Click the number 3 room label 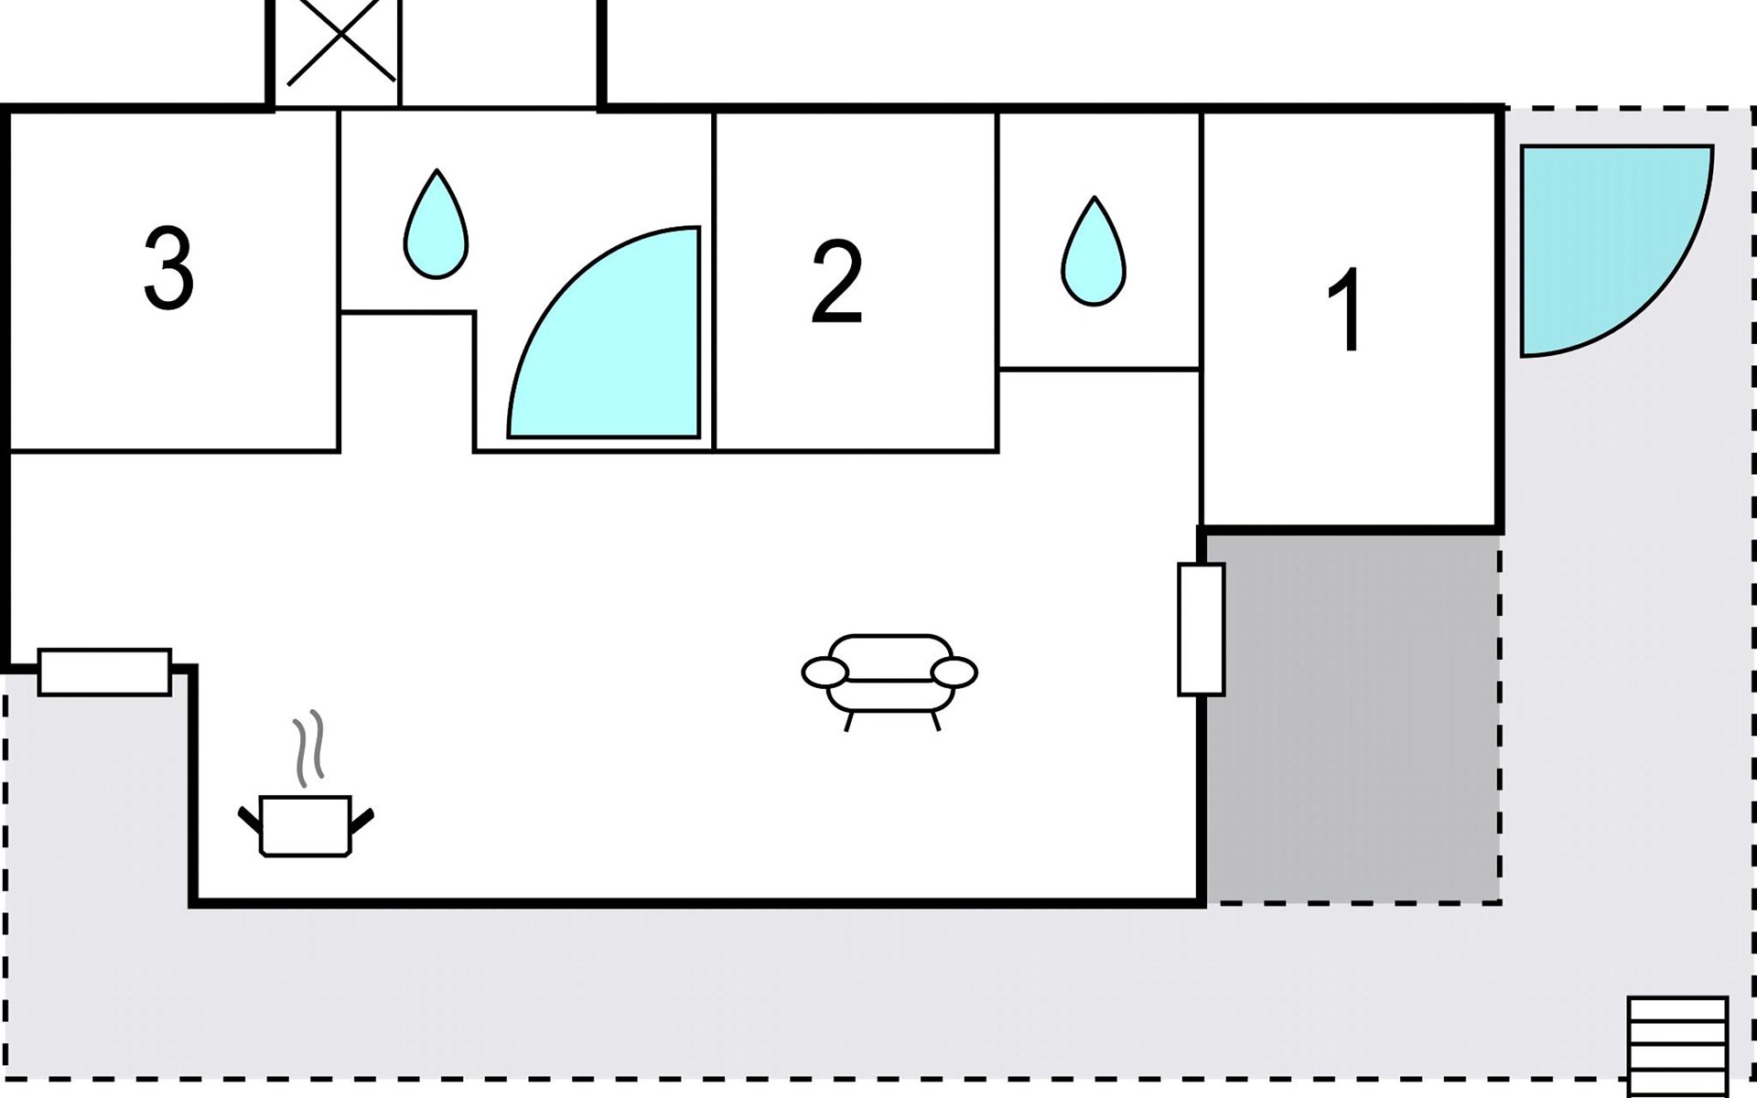click(x=169, y=269)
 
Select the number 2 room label click(x=836, y=282)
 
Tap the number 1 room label click(x=1345, y=309)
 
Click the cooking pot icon click(x=306, y=825)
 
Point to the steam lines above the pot click(x=309, y=748)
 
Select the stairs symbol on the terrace click(x=1677, y=1043)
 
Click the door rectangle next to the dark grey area click(x=1201, y=630)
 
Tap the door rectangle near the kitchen click(x=104, y=673)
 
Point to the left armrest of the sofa click(x=825, y=673)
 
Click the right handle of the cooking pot click(x=362, y=820)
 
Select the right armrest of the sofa click(x=954, y=673)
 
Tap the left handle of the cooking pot click(x=249, y=820)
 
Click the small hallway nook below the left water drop click(x=406, y=380)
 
